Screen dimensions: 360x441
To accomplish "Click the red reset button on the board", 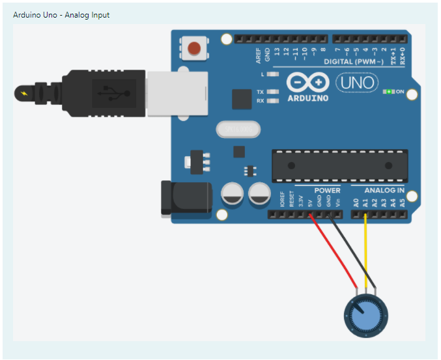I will point(193,48).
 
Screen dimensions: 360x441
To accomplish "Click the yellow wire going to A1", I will point(365,251).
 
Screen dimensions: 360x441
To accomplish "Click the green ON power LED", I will point(389,91).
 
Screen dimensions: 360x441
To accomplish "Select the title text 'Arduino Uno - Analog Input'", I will point(61,14).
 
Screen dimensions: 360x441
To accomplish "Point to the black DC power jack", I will point(186,198).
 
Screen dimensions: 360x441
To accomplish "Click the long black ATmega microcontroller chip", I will point(339,166).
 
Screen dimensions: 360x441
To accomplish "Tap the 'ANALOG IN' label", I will point(384,191).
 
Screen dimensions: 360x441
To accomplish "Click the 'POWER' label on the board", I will point(327,191).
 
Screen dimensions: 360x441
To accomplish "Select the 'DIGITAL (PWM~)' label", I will point(352,62).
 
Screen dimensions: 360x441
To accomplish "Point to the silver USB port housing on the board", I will point(177,93).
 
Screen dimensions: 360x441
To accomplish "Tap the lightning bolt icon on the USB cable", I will point(25,94).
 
